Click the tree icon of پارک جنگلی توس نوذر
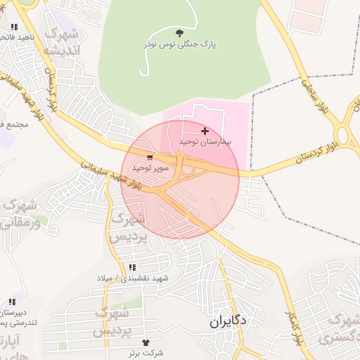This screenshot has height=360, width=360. click(179, 32)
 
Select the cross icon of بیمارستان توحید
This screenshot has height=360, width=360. click(205, 131)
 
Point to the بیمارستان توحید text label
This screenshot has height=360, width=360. click(205, 142)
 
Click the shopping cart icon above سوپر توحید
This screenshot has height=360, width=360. click(150, 157)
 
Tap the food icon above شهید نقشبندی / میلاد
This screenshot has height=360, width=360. click(132, 267)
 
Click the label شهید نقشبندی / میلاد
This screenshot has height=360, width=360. click(134, 278)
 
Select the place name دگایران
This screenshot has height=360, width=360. click(228, 321)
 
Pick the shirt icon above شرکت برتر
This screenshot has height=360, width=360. click(146, 341)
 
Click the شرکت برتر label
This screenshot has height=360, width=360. click(146, 352)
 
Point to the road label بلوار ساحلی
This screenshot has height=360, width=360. click(310, 96)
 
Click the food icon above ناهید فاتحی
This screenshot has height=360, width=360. click(13, 27)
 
